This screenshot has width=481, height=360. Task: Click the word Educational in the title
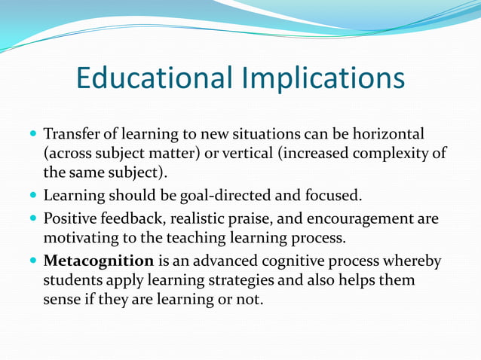click(155, 79)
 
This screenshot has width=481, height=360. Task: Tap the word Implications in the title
click(324, 79)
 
